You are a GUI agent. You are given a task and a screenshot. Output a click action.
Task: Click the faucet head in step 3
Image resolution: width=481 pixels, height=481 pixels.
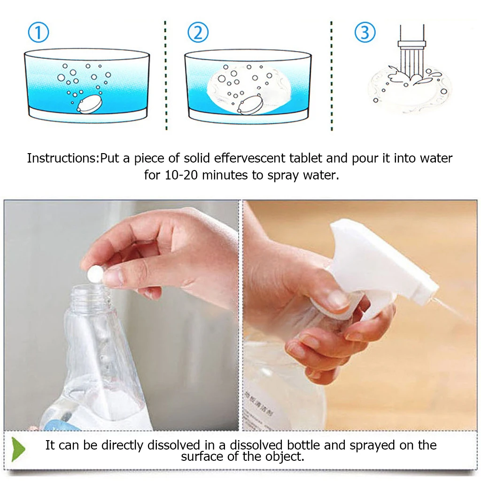[x=411, y=45]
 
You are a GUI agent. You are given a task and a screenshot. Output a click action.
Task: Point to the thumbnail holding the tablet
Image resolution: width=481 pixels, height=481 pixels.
[x=113, y=278]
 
